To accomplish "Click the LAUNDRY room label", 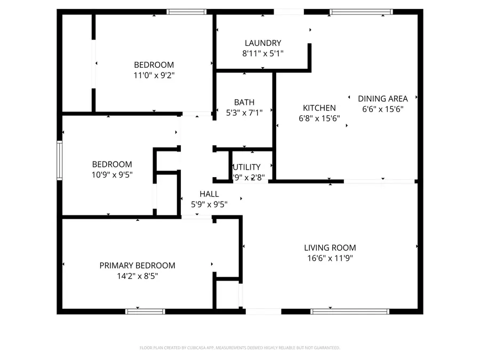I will point(262,43).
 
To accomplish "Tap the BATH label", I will point(244,102).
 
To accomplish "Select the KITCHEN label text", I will point(319,108).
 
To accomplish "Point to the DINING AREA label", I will point(382,99).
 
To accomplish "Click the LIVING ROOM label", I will point(330,247).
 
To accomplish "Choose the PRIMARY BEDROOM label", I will point(137,266).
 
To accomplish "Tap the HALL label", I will point(209,194).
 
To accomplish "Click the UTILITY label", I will point(246,167).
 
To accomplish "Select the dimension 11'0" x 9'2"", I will point(154,75).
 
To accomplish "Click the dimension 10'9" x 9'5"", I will point(112,174).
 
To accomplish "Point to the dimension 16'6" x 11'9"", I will point(330,258).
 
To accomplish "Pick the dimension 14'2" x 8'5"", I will point(137,276).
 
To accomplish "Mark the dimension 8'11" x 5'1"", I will point(262,53).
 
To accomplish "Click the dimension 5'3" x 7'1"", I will point(244,113).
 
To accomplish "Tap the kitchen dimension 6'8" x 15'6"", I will point(319,118).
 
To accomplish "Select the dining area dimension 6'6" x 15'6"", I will point(382,109).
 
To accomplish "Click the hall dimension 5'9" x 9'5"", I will point(209,204).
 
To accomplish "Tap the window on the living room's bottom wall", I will point(350,311).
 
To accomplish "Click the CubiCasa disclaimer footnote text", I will point(239,348).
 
